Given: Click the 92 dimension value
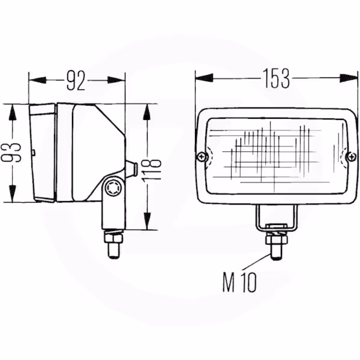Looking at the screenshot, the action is (x=76, y=80).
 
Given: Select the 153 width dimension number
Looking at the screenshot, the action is (x=276, y=78).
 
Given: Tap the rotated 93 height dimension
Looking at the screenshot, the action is (x=11, y=152).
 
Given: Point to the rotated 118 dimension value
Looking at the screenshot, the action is (x=152, y=168).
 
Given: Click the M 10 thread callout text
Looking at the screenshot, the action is (x=239, y=283).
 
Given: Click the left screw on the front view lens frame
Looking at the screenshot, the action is (x=202, y=157).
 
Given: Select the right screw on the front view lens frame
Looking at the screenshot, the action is (x=352, y=157).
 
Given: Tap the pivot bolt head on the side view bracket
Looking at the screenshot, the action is (x=113, y=188).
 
